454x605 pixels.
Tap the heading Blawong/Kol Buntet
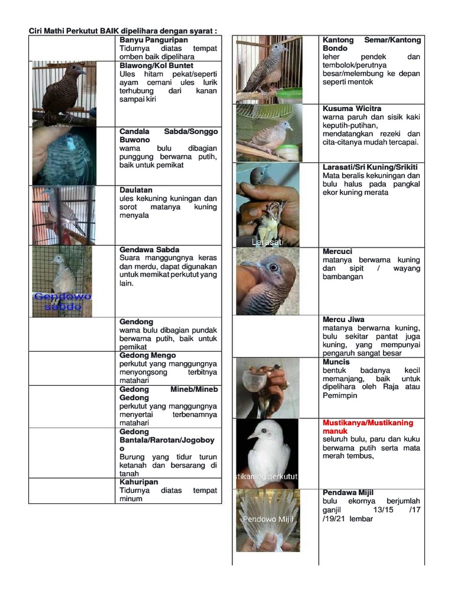pos(156,66)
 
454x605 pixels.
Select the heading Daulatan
pos(136,190)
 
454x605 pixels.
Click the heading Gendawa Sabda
pos(149,249)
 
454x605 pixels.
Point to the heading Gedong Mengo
pos(147,356)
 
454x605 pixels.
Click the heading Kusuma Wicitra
pos(352,109)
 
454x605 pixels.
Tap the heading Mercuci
pos(338,252)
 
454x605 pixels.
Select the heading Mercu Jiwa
pos(343,320)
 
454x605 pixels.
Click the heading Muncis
pos(336,362)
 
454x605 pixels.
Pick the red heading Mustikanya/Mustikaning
pos(368,423)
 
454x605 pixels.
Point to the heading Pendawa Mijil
pos(348,493)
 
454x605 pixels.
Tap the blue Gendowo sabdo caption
pos(62,301)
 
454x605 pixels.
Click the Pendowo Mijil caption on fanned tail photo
pos(268,519)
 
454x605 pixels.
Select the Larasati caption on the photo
pos(267,242)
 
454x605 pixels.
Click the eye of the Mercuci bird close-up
pos(273,267)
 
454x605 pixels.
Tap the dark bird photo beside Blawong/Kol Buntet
pos(64,93)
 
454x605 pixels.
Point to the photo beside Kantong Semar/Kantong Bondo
pos(269,69)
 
